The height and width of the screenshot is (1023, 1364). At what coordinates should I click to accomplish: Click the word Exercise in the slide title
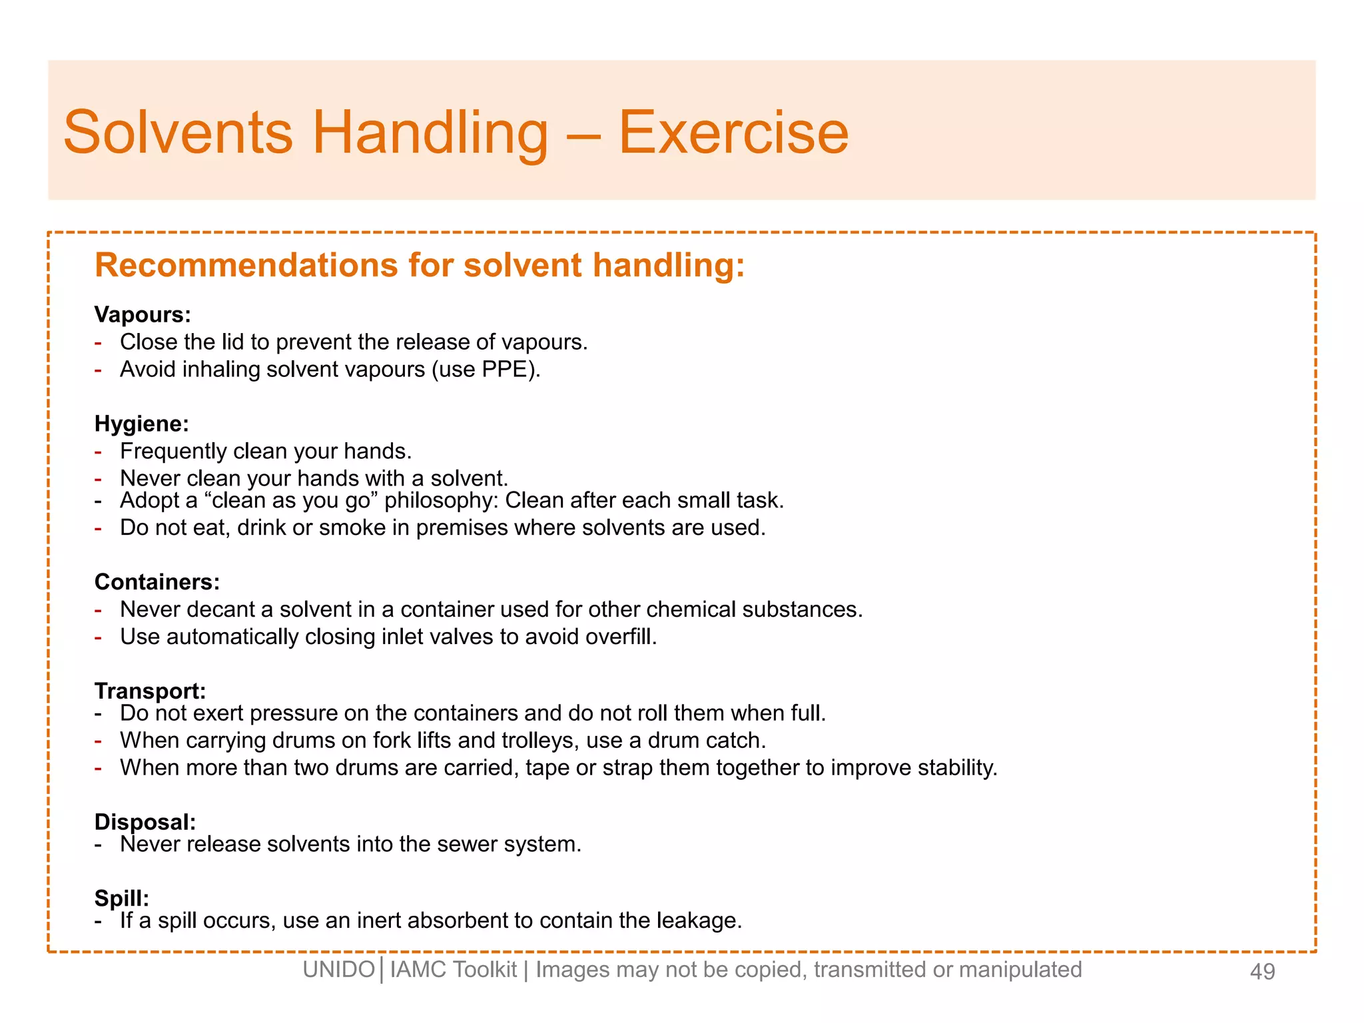[x=733, y=133]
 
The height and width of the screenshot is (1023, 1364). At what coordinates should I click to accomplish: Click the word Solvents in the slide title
[x=178, y=133]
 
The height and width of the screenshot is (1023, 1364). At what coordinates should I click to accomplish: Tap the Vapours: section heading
[x=143, y=314]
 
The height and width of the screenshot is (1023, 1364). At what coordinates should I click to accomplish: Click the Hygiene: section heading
[x=142, y=424]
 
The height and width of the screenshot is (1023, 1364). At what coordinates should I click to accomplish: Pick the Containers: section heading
[x=157, y=582]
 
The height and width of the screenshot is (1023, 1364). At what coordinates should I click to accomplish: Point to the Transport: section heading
[x=150, y=691]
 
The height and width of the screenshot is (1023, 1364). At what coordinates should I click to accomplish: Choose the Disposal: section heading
[x=145, y=822]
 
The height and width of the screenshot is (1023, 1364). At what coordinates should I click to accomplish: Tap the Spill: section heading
[x=122, y=898]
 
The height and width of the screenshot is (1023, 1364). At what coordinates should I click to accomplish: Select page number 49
[x=1262, y=972]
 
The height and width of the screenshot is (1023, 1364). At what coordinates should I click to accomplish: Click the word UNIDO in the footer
[x=338, y=970]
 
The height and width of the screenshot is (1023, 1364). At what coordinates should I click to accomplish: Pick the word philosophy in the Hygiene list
[x=440, y=501]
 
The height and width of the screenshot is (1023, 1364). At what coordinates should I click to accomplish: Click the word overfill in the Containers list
[x=619, y=637]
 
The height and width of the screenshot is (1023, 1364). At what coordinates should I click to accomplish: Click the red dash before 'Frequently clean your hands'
[x=99, y=452]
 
